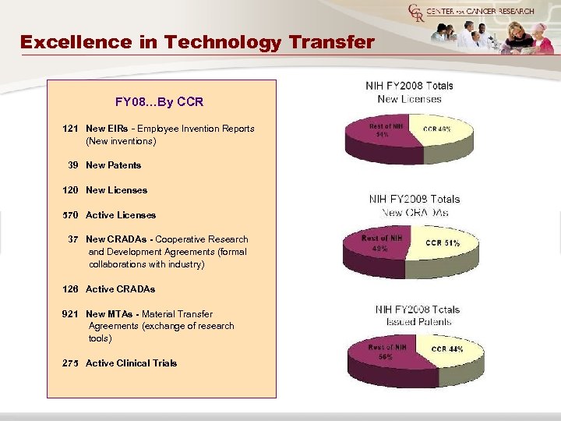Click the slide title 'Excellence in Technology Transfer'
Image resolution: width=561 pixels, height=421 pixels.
click(198, 41)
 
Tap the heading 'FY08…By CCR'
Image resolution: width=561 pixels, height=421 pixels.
click(159, 101)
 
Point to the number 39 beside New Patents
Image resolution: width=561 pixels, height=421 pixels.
click(72, 165)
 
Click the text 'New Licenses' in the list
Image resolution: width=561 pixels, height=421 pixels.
click(116, 190)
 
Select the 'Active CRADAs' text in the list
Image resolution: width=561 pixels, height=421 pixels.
click(120, 289)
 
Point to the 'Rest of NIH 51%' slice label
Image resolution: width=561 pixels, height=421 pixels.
click(386, 130)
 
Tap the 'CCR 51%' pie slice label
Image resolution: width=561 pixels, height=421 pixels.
click(443, 243)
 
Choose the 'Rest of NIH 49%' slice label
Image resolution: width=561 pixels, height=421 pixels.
click(382, 242)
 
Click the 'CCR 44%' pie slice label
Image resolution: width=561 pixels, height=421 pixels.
click(446, 349)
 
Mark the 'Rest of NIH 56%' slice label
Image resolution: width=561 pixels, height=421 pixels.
click(387, 352)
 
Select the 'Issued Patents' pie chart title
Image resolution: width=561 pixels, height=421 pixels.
click(417, 321)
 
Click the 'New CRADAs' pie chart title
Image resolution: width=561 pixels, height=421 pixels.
click(415, 212)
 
